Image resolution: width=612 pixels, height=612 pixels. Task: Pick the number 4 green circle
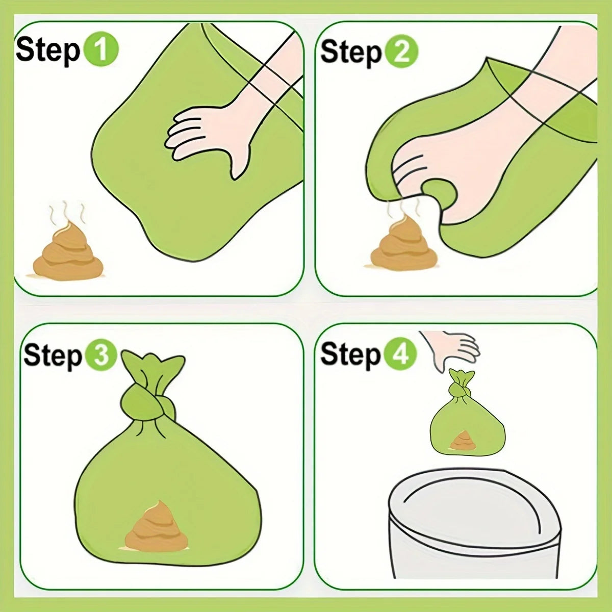tap(400, 353)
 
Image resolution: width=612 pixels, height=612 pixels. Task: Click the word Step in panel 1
tap(48, 50)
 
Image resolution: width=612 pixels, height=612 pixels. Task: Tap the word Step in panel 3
tap(53, 355)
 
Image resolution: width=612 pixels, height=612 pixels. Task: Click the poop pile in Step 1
tap(68, 253)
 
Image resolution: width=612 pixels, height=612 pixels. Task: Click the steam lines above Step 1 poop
tap(66, 213)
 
